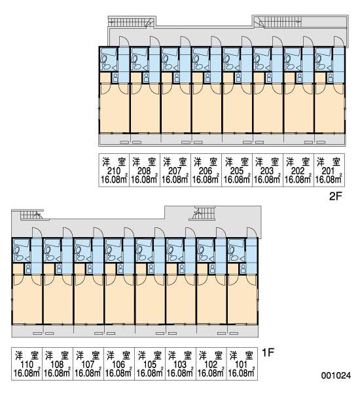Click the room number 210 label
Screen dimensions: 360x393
pos(114,171)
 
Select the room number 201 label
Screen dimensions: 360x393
pos(328,171)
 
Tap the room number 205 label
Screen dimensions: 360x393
pos(236,171)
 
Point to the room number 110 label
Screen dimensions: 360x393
pos(27,364)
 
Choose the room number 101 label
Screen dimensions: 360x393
pos(242,364)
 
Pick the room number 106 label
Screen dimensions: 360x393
pos(119,364)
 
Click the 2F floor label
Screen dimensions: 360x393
pos(335,196)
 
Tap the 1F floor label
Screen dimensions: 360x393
pos(268,352)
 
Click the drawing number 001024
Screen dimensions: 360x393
pos(336,375)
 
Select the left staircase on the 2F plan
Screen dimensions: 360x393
pos(131,22)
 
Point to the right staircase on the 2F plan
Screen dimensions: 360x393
pos(278,22)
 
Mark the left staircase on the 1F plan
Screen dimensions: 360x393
pos(31,215)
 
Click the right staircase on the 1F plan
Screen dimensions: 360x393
pos(204,213)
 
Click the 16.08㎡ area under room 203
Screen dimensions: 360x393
pos(268,179)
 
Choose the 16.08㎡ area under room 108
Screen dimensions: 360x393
pos(57,373)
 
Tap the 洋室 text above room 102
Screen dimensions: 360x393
pos(211,356)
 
